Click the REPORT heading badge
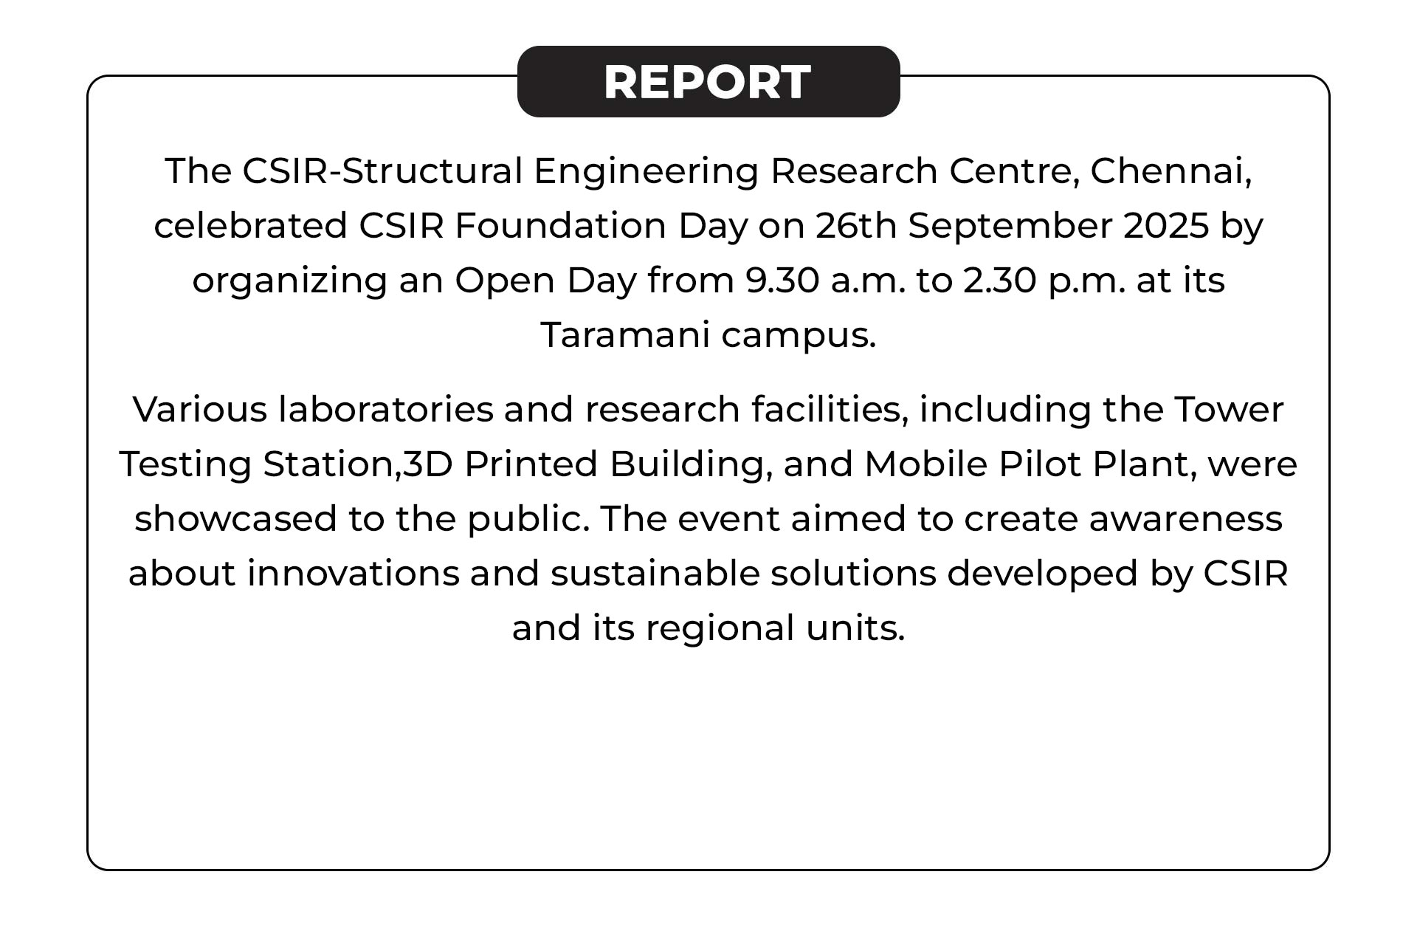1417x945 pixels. pos(708,81)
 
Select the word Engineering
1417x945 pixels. pos(647,172)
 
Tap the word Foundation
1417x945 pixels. pos(561,226)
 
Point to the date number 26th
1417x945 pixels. pos(856,226)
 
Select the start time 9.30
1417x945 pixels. pos(782,281)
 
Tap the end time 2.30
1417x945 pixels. pos(1000,281)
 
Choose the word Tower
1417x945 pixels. pos(1229,410)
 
